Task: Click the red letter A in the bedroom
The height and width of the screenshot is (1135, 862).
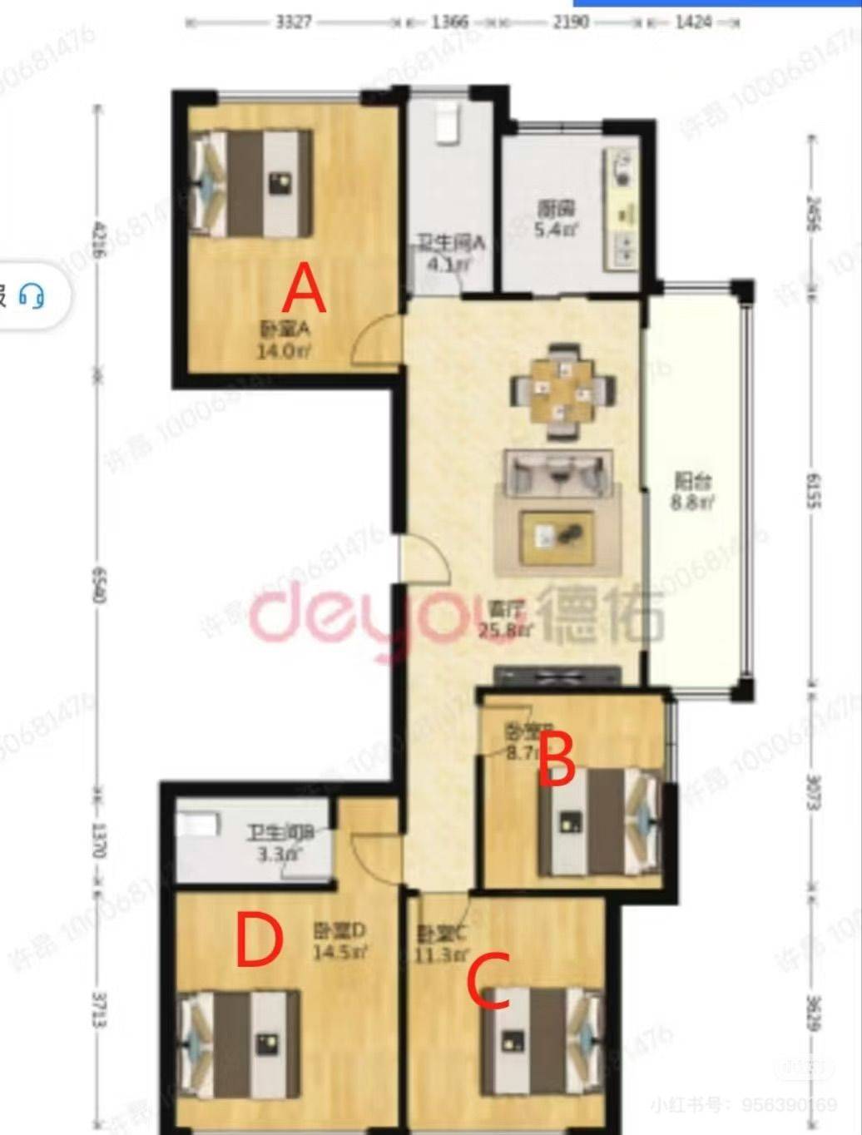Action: [x=304, y=288]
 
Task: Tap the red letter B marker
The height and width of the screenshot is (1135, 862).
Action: [x=557, y=758]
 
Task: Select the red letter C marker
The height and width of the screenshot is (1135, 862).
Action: [x=488, y=983]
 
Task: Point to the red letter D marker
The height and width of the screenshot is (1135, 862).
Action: [x=259, y=940]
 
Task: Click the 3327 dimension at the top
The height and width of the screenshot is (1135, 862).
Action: [x=293, y=22]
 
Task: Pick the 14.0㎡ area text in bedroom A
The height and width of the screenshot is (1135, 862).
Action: [x=283, y=351]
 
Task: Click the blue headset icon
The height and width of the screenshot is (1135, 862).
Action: [x=32, y=295]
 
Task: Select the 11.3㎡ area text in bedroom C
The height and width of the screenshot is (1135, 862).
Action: [x=436, y=954]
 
